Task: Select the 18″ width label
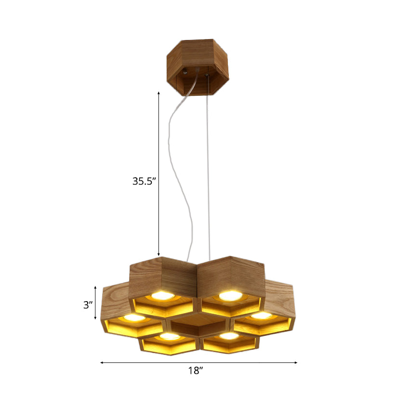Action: [195, 371]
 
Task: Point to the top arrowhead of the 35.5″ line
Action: [159, 92]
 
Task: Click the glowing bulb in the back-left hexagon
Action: [162, 295]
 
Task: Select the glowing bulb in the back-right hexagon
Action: [229, 295]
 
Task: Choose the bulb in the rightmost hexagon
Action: [262, 316]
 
